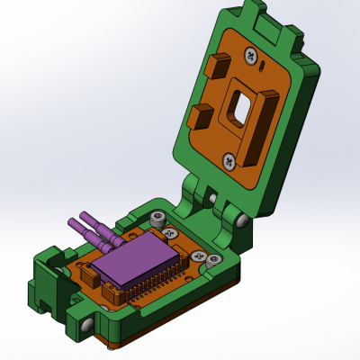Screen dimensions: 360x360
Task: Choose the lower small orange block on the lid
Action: pyautogui.click(x=201, y=116)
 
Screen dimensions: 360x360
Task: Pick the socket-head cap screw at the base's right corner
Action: pyautogui.click(x=214, y=261)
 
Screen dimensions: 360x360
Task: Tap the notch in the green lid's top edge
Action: pyautogui.click(x=254, y=12)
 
